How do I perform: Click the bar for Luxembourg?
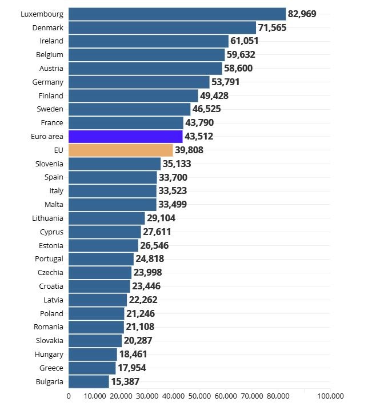[177, 14]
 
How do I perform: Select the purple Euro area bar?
[125, 136]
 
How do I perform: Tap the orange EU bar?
[121, 150]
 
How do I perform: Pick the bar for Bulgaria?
[89, 381]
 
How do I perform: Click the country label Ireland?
[51, 41]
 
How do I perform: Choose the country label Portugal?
[49, 258]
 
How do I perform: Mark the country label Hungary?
[49, 355]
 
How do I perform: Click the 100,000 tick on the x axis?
[330, 396]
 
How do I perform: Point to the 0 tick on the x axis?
[69, 396]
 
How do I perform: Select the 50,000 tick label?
[199, 396]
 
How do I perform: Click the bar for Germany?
[139, 82]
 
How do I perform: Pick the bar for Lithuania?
[107, 218]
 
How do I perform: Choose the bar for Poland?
[97, 313]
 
